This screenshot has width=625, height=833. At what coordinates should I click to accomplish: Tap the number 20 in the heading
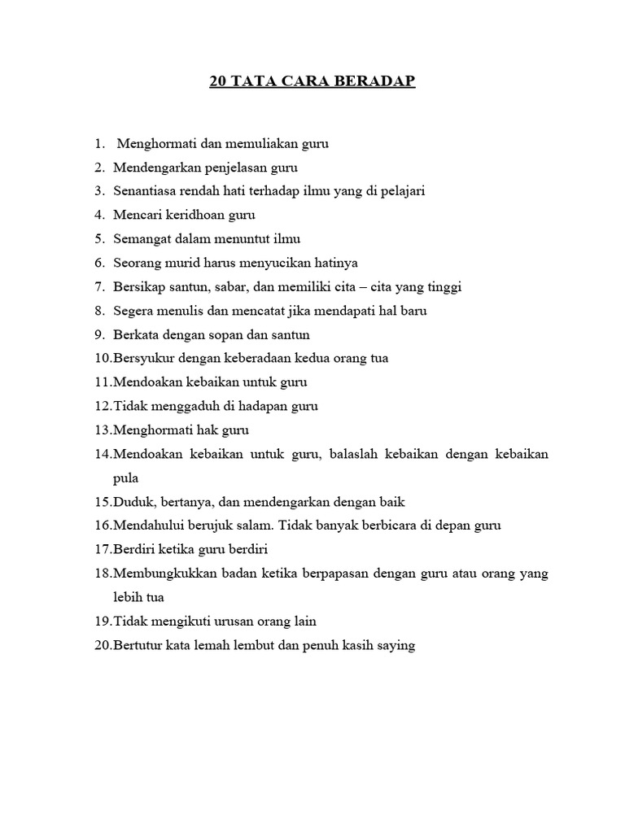pyautogui.click(x=218, y=82)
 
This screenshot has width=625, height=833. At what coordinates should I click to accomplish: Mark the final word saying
pyautogui.click(x=395, y=645)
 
